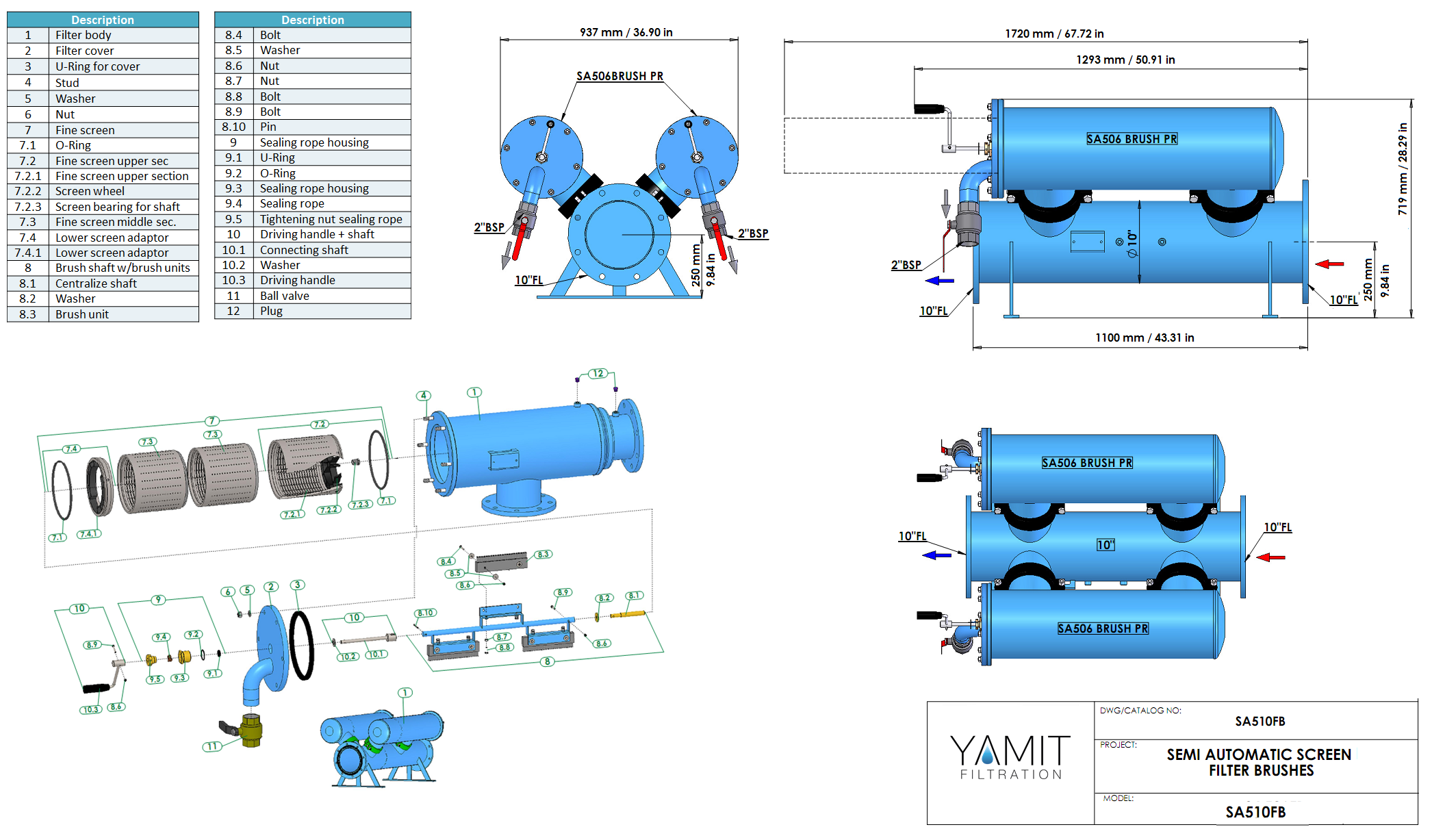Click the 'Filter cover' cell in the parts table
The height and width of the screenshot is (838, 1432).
click(x=85, y=51)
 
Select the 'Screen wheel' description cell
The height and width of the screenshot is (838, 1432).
click(x=90, y=191)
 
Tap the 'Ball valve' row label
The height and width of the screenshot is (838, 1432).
click(x=284, y=296)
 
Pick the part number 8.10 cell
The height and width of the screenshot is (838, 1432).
click(x=233, y=127)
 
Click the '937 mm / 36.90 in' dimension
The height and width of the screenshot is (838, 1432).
click(x=626, y=32)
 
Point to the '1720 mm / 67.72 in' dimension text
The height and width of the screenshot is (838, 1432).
click(x=1053, y=34)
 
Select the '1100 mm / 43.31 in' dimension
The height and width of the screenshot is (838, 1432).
click(x=1144, y=338)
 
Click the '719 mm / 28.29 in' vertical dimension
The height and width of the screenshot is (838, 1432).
click(x=1403, y=169)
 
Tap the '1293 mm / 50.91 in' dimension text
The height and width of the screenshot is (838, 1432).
click(x=1125, y=60)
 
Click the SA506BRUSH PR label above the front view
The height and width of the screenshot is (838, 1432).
click(x=619, y=76)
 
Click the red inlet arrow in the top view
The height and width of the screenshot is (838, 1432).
click(x=1270, y=557)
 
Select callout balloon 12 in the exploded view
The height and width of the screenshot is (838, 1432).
click(x=598, y=374)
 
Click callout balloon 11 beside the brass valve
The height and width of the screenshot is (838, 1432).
click(x=212, y=746)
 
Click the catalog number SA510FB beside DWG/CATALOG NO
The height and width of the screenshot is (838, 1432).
click(x=1260, y=721)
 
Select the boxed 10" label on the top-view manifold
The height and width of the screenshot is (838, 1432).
click(x=1105, y=545)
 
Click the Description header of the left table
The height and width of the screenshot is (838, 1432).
click(x=103, y=20)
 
